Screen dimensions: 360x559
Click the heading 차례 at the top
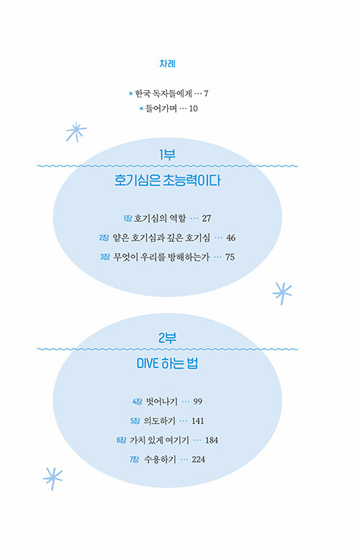click(167, 64)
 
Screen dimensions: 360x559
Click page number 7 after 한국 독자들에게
click(206, 94)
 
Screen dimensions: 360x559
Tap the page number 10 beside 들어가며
click(193, 108)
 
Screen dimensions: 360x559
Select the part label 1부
click(167, 155)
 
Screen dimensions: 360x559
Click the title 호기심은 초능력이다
click(167, 180)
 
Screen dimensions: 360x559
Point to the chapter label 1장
click(127, 218)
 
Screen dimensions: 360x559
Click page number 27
click(207, 218)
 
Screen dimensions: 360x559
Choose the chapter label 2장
click(104, 238)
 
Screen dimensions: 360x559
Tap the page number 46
click(230, 238)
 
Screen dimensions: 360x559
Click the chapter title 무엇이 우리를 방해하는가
click(161, 257)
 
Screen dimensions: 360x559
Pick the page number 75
click(230, 257)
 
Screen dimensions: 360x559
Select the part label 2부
click(167, 338)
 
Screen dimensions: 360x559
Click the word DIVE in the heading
click(147, 364)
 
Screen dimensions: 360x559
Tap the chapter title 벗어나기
click(162, 401)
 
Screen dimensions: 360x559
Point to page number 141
click(198, 421)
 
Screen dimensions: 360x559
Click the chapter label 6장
click(121, 440)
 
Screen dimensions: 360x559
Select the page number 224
click(199, 460)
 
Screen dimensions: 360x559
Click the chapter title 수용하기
click(160, 460)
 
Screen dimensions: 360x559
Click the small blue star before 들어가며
click(141, 108)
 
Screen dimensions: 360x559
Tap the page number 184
click(212, 440)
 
